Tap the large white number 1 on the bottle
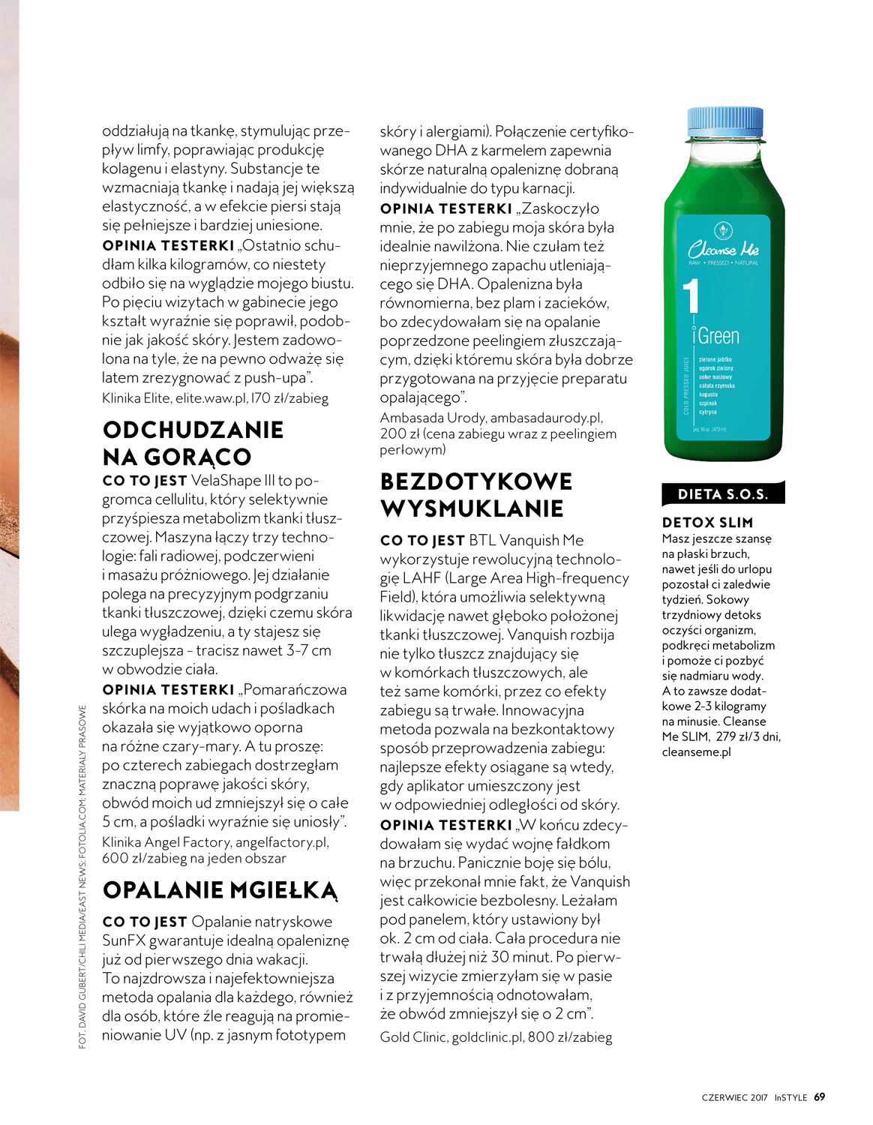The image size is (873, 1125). (x=691, y=296)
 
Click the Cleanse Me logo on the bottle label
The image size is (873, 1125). (x=723, y=248)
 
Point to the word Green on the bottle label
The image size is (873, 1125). (x=719, y=336)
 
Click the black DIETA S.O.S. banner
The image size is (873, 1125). (x=722, y=493)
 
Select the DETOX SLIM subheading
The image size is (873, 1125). (x=707, y=522)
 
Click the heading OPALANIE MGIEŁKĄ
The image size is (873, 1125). (x=220, y=890)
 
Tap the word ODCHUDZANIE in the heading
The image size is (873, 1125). (x=193, y=430)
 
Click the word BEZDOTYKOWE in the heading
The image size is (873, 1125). (x=476, y=481)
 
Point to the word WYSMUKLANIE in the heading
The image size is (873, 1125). (x=472, y=508)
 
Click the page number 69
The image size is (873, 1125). (x=820, y=1096)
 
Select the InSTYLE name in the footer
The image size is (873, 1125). (x=790, y=1097)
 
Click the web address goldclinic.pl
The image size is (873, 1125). (x=487, y=1037)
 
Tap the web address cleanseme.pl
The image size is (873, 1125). (x=696, y=751)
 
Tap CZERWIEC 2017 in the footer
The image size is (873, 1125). (x=734, y=1097)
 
